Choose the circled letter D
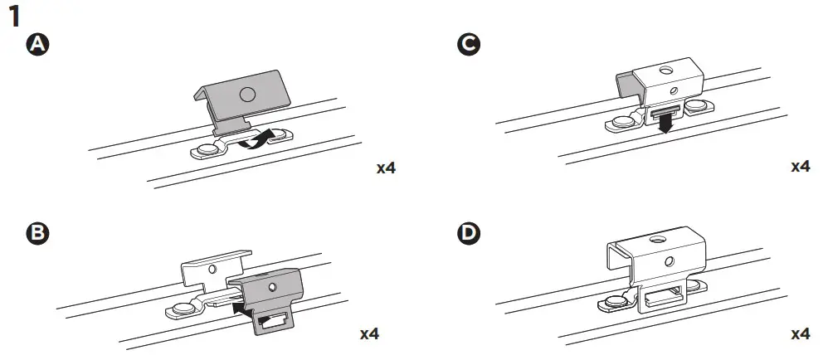click(x=468, y=234)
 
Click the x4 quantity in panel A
click(x=386, y=168)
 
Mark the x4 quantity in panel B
click(x=369, y=334)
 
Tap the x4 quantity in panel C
click(x=800, y=167)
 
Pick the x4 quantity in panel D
click(x=800, y=334)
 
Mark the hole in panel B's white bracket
click(x=212, y=270)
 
